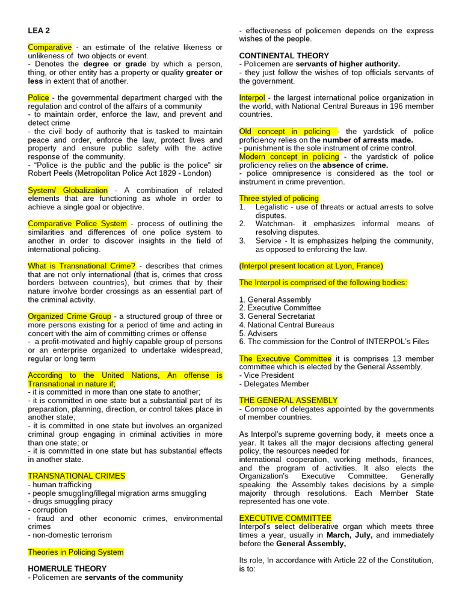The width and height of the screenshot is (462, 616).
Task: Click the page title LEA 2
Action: [38, 30]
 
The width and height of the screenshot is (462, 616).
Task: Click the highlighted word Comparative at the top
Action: [49, 47]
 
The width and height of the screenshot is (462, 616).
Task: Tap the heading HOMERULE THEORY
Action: [67, 568]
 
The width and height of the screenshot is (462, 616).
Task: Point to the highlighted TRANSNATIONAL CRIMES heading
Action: [76, 476]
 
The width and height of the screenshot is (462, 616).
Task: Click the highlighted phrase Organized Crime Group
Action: [69, 316]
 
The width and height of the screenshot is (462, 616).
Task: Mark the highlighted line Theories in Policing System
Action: [76, 552]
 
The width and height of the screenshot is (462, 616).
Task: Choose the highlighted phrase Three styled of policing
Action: [279, 199]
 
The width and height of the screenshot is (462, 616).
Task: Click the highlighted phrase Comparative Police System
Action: [77, 224]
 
